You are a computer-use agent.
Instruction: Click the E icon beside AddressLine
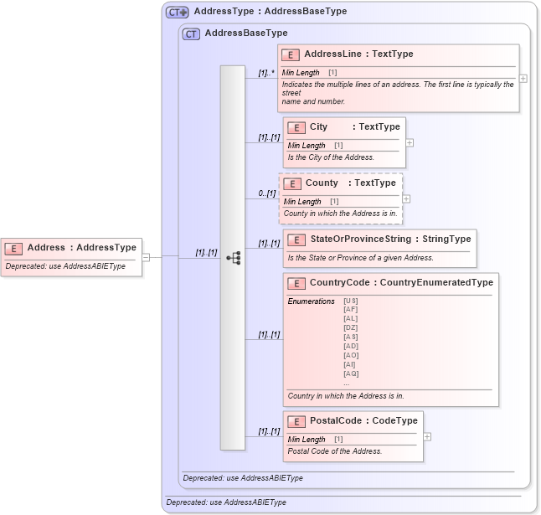pos(291,54)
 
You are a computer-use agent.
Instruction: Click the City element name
pos(319,127)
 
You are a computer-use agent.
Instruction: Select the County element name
pos(322,183)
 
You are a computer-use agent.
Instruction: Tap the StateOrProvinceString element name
pos(361,239)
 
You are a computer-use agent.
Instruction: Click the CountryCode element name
pos(339,283)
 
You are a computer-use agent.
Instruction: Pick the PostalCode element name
pos(336,420)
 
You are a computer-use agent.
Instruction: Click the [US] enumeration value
pos(350,301)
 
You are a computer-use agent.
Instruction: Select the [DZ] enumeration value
pos(350,327)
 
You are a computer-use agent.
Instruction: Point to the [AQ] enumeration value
pos(350,373)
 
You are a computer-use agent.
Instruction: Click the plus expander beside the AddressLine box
pos(523,78)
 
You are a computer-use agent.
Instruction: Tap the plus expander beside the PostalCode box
pos(427,436)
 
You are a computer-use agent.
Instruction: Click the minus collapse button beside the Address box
pos(146,257)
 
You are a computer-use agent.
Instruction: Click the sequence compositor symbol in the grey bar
pos(234,258)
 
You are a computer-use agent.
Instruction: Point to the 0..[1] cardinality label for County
pos(267,193)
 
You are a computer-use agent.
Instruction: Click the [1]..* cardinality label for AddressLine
pos(266,73)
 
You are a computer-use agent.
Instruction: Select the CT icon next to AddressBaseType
pos(191,33)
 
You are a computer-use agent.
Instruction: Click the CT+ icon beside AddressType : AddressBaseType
pos(177,12)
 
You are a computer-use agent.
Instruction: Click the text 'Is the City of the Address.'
pos(331,157)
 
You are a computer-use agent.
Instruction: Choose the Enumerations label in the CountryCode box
pos(311,301)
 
